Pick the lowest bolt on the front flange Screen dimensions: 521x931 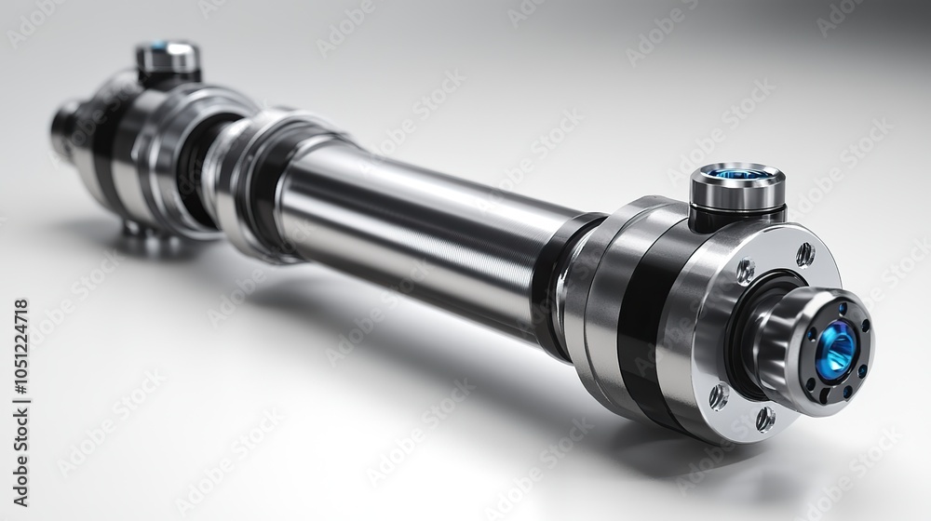tap(764, 419)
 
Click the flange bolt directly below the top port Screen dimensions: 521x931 tap(746, 272)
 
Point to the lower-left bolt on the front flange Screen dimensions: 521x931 tap(719, 396)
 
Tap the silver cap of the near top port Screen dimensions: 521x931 tap(736, 191)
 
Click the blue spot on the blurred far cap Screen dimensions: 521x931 tap(160, 45)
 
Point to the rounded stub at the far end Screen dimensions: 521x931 tap(65, 128)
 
